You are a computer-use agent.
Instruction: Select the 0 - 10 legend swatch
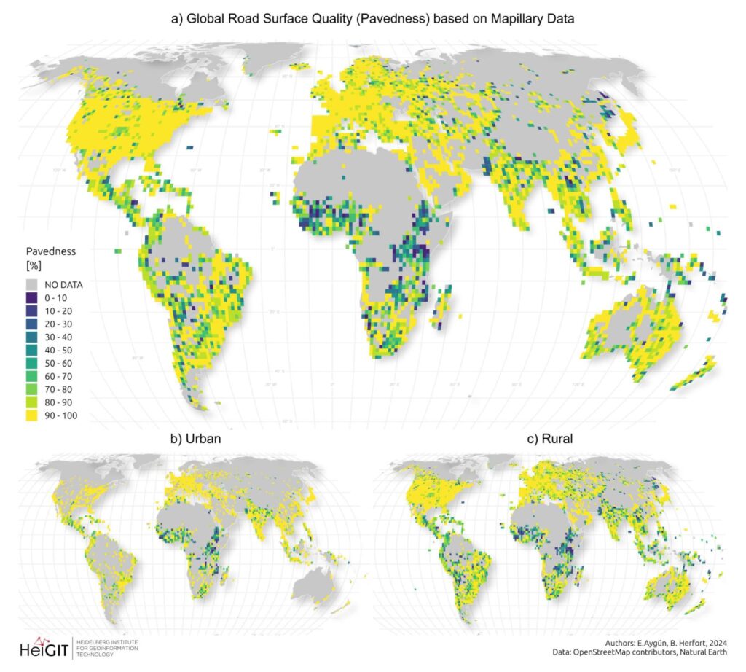[x=31, y=298]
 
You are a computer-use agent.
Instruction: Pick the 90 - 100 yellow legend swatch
[x=31, y=416]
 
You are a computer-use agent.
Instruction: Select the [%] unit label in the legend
[x=32, y=264]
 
